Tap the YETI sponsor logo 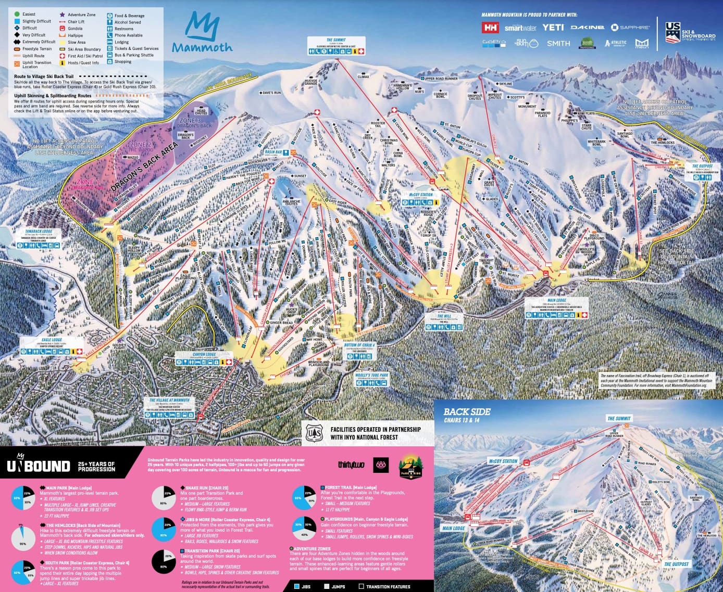(x=553, y=27)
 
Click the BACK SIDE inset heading (x=467, y=411)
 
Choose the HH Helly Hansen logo (x=490, y=28)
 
